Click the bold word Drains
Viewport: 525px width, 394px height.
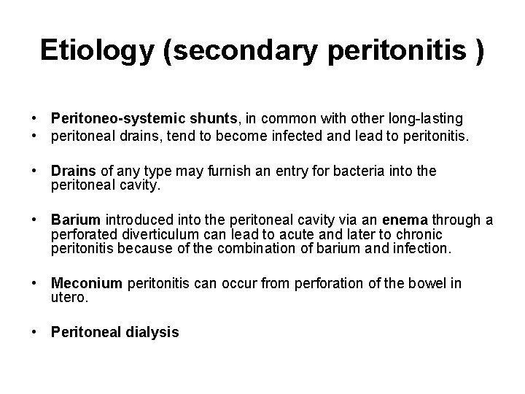74,171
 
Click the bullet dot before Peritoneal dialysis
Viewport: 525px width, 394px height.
34,333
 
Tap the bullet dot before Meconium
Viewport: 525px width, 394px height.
34,283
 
